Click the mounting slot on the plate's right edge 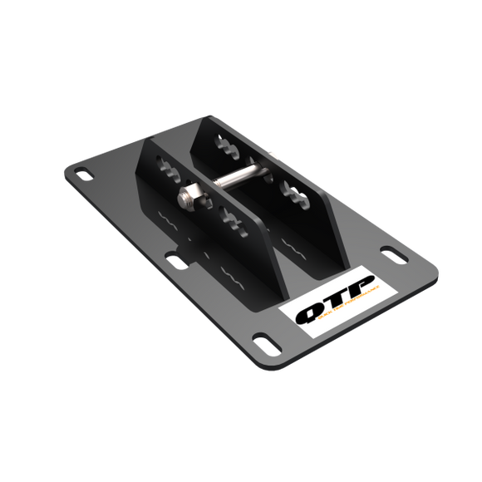click(x=389, y=251)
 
